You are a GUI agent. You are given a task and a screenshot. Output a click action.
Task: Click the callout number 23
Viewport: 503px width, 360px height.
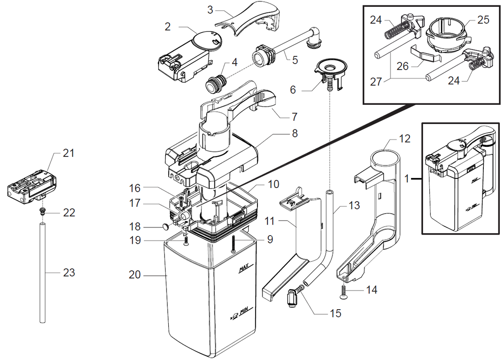(68, 273)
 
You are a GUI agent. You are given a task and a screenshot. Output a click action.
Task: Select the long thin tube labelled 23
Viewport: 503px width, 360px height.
(42, 274)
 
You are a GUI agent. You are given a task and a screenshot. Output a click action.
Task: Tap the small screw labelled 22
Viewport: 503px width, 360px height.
(42, 211)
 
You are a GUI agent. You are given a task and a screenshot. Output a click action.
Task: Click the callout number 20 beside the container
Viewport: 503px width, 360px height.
(135, 275)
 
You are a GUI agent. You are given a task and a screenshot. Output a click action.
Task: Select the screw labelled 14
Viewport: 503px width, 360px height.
(342, 291)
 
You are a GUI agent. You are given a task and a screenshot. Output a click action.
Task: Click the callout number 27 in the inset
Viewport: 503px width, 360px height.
(375, 82)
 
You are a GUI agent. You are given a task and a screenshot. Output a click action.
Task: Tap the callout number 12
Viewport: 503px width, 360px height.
(405, 138)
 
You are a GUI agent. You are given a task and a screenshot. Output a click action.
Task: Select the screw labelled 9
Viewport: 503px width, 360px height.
(233, 244)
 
